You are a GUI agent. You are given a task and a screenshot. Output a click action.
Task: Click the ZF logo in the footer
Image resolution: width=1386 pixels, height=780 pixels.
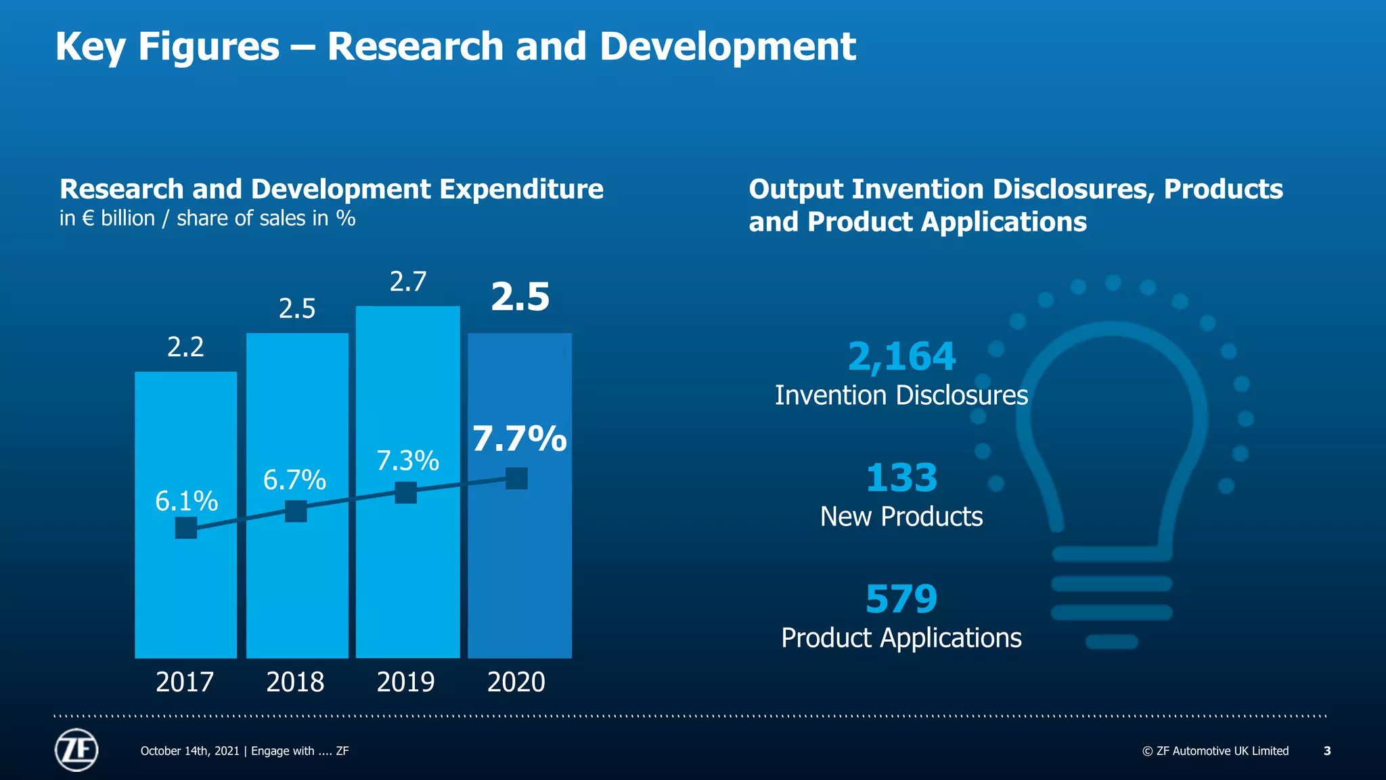point(76,750)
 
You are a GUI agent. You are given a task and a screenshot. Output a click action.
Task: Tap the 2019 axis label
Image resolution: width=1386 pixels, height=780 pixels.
point(405,682)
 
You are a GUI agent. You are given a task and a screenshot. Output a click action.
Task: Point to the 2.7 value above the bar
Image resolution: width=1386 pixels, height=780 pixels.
point(408,282)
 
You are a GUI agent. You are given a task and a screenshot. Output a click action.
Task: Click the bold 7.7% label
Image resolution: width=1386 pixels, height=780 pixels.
point(519,439)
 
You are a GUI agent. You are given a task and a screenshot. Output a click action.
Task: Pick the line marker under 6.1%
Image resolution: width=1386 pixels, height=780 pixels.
point(186,527)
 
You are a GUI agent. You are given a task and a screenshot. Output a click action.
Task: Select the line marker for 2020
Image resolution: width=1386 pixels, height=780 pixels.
point(516,479)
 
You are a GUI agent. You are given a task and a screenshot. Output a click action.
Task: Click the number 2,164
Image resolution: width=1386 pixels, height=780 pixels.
point(901,356)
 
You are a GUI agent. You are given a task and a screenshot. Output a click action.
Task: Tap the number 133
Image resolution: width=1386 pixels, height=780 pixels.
point(901,478)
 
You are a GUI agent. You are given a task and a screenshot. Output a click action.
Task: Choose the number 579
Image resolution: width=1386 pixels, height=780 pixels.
point(901,599)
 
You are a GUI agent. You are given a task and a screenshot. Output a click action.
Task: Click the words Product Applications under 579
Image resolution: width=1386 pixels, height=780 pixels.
point(901,638)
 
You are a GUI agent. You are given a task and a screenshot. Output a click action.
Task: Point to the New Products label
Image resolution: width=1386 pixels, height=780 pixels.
point(901,517)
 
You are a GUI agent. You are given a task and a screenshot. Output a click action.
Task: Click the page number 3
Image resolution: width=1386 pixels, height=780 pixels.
point(1327,751)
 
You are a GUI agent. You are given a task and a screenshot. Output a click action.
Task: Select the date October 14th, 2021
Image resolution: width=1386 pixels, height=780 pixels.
point(189,751)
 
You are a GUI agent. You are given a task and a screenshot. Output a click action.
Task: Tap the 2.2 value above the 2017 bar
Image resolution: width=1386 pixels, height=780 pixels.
point(185,347)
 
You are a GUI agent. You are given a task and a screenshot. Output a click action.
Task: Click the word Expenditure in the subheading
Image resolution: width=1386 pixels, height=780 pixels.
point(521,190)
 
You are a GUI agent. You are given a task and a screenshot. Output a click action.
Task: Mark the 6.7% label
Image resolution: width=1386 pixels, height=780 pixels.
point(294,480)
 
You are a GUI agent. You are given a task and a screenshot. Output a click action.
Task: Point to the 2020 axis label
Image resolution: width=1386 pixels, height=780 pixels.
point(516,682)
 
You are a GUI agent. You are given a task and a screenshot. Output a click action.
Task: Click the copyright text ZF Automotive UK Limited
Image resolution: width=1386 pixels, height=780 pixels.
point(1215,751)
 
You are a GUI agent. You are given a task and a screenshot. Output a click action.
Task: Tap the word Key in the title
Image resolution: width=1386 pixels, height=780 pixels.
point(91,47)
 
